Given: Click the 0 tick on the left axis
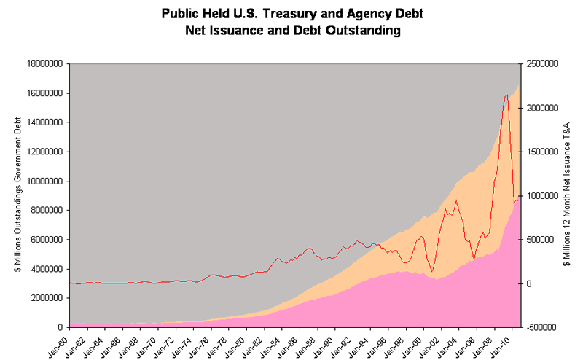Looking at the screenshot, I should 63,327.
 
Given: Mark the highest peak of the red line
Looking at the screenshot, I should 506,95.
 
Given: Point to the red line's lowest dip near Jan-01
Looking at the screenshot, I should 433,272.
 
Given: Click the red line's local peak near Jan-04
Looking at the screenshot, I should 456,200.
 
